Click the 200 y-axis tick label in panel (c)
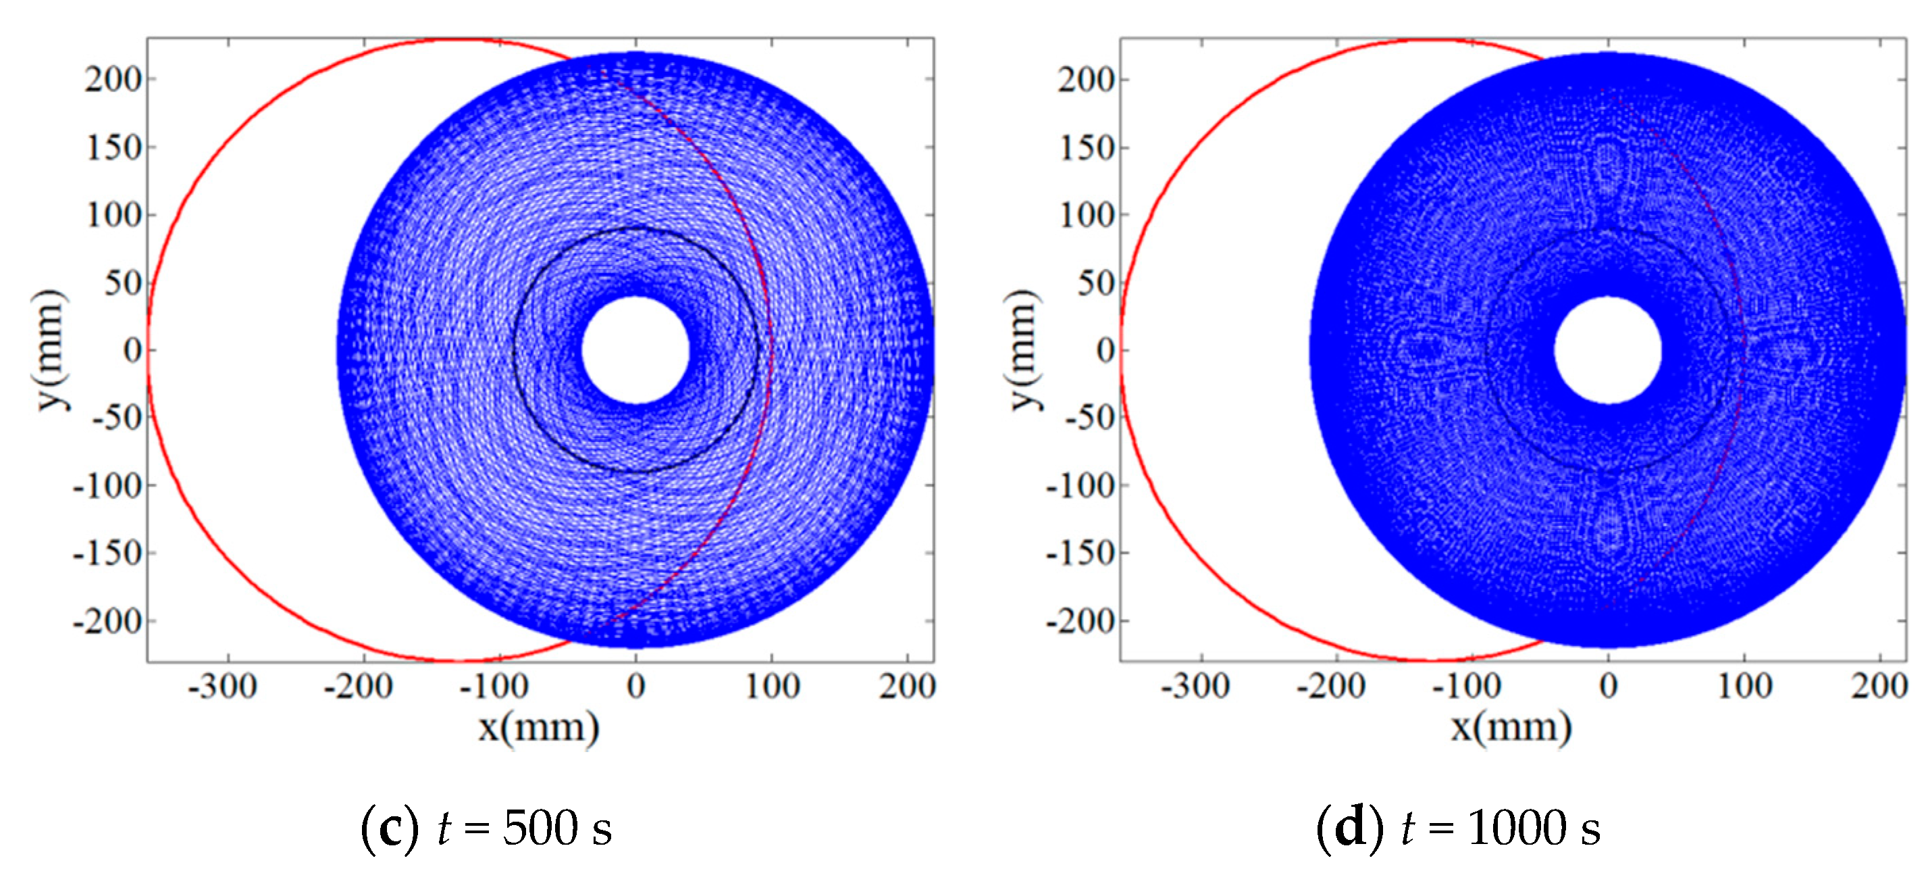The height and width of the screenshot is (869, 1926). (x=112, y=79)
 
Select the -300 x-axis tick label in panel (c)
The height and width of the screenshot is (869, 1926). (x=222, y=686)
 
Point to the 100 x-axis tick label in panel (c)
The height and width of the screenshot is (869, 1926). (x=773, y=686)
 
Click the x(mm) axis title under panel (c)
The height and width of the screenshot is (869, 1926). (x=538, y=727)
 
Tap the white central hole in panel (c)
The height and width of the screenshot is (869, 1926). (x=635, y=350)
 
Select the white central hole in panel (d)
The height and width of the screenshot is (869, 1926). (x=1607, y=350)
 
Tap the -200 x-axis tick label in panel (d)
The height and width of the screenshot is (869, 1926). (x=1331, y=686)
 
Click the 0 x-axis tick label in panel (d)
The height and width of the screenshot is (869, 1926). (x=1608, y=686)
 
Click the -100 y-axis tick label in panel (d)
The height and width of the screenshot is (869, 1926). (x=1080, y=486)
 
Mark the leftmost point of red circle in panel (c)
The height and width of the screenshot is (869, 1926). (x=148, y=350)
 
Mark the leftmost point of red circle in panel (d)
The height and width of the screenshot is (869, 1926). (x=1121, y=350)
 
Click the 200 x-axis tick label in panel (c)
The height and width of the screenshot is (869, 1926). (x=907, y=686)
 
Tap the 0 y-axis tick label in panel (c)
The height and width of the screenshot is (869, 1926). (x=132, y=350)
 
